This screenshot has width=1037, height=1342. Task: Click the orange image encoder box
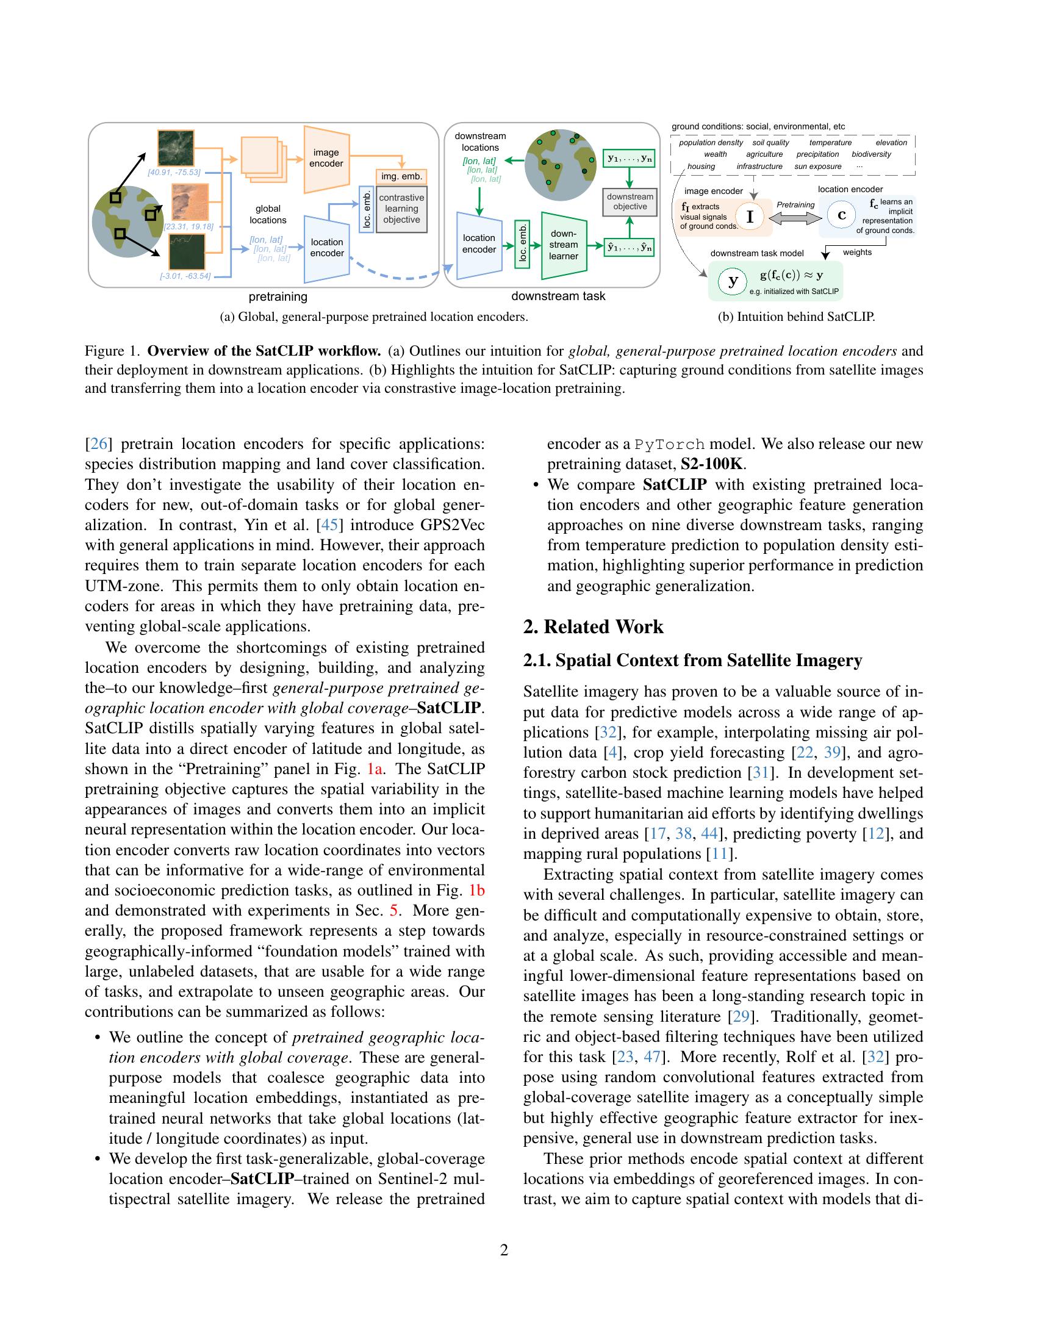[x=326, y=159]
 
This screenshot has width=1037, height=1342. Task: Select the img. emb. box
[x=402, y=176]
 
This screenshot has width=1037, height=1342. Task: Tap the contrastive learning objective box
[x=402, y=209]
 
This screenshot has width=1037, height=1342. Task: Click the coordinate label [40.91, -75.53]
[x=174, y=172]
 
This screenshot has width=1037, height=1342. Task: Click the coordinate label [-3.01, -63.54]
[x=185, y=276]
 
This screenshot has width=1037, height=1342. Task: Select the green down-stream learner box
[x=564, y=245]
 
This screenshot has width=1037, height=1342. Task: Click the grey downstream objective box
[x=630, y=201]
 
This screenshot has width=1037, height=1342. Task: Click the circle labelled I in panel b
[x=750, y=217]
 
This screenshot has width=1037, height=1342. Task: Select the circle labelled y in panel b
[x=732, y=281]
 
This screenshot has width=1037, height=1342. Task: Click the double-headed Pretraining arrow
[x=795, y=218]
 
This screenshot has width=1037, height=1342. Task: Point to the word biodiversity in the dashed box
[x=870, y=154]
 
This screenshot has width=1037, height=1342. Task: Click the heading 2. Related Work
[x=593, y=626]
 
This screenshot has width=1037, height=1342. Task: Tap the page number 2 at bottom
[x=504, y=1250]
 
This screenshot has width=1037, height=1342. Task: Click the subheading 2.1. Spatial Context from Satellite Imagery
[x=692, y=660]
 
